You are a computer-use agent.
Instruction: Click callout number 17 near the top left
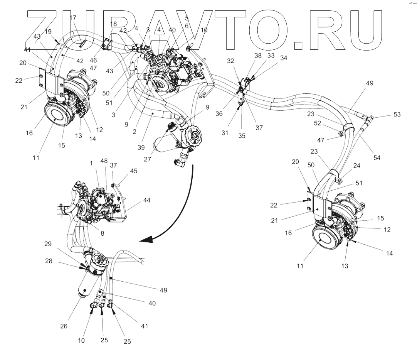(x=73, y=18)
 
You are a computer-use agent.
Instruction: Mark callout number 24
(x=356, y=166)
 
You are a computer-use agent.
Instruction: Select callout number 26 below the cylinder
(x=64, y=326)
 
